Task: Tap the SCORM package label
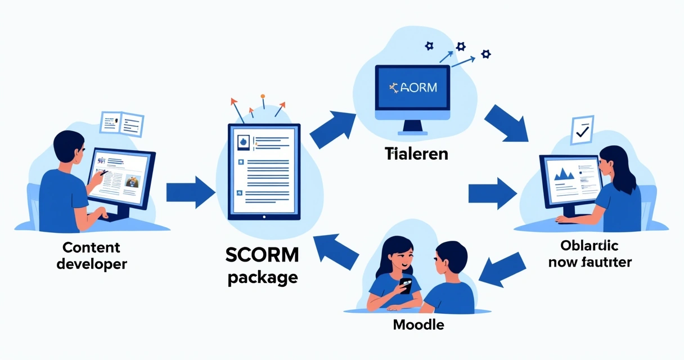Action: (x=262, y=265)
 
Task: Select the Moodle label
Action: (x=418, y=325)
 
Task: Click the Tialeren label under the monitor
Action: (x=416, y=153)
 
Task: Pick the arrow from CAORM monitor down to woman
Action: (x=506, y=120)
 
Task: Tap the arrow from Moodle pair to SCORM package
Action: (x=337, y=252)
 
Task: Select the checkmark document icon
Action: (x=581, y=130)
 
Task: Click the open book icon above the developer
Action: (x=122, y=122)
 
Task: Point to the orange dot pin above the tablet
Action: (x=262, y=97)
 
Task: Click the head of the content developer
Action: (x=71, y=147)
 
